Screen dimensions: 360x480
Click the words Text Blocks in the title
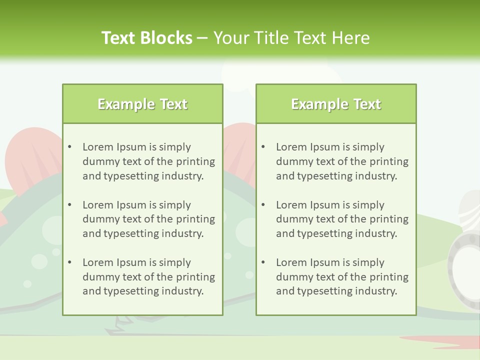coord(147,38)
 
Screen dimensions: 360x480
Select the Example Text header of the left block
coord(142,104)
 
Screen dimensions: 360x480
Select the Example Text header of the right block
coord(336,104)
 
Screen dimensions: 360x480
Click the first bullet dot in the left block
coord(70,147)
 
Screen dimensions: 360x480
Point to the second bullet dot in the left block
coord(70,205)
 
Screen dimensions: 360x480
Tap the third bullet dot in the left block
coord(70,262)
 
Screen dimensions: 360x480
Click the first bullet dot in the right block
coord(263,147)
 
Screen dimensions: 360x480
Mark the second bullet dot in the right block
coord(263,205)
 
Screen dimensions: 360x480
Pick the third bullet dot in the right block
coord(263,262)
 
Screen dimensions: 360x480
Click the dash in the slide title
coord(202,38)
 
